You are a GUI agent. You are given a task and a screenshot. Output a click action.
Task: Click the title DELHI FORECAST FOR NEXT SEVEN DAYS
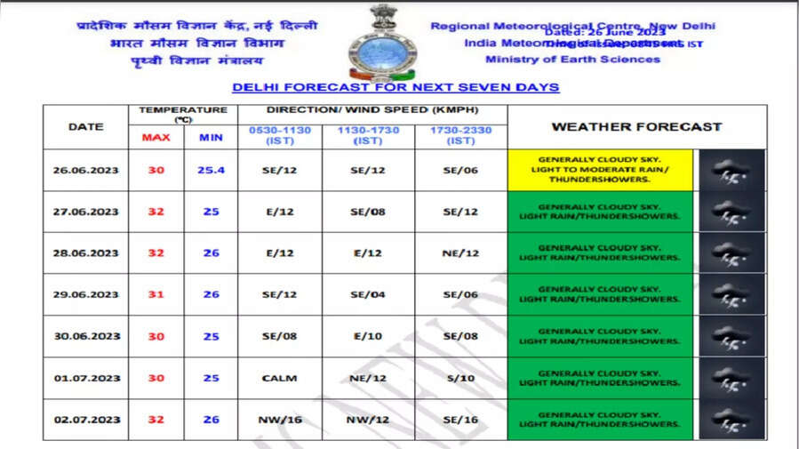click(396, 87)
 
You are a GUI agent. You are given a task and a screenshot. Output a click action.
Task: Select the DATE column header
click(85, 126)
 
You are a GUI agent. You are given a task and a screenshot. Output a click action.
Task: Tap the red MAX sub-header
click(156, 138)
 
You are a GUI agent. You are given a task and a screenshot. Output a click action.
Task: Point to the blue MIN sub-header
click(211, 138)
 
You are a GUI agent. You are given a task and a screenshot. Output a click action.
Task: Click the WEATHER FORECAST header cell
click(636, 126)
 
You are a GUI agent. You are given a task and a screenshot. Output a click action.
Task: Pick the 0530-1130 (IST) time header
click(279, 135)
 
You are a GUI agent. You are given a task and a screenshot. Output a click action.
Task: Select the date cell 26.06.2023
click(85, 170)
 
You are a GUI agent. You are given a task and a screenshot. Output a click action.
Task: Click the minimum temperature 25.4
click(211, 170)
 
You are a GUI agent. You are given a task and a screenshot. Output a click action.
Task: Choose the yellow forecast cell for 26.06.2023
click(600, 170)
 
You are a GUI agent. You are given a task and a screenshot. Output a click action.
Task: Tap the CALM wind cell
click(279, 378)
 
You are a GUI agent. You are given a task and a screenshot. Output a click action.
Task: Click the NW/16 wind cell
click(279, 420)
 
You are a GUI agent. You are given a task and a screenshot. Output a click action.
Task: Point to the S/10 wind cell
click(460, 378)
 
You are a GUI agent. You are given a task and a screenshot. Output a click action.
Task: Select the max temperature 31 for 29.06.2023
click(156, 294)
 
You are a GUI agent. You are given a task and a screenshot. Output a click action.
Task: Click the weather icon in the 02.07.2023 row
click(731, 420)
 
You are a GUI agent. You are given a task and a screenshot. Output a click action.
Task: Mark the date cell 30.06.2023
click(85, 336)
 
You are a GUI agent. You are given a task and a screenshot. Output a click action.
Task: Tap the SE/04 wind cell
click(367, 294)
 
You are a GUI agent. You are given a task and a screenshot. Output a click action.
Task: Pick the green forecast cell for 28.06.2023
click(600, 253)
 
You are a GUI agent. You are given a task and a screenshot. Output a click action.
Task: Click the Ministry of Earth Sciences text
click(572, 60)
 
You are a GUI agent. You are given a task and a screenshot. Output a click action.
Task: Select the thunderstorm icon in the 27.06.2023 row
click(731, 212)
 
